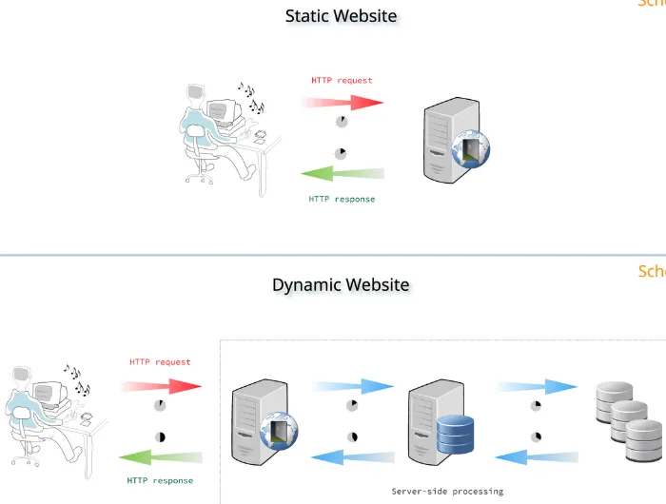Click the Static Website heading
(341, 16)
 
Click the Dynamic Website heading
(341, 284)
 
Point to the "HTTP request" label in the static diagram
(342, 81)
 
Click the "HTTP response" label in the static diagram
(342, 199)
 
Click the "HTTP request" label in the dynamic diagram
(160, 362)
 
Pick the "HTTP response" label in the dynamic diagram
(160, 480)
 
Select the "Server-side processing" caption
(447, 491)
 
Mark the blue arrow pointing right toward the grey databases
(537, 385)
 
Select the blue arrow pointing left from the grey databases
(537, 457)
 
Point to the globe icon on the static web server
(472, 149)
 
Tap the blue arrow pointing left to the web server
(353, 457)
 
